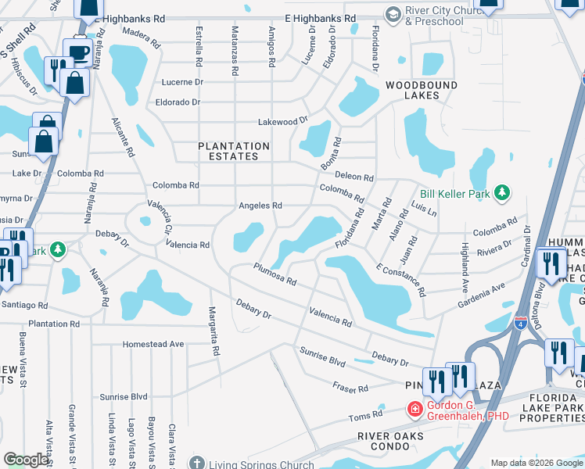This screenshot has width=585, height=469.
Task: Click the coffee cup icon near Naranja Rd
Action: coord(79,51)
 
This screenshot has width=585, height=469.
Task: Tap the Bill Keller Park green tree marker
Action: coord(505,192)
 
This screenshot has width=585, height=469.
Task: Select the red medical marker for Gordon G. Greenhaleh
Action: coord(414,409)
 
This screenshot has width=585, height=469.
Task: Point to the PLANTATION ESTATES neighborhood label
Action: coord(234,151)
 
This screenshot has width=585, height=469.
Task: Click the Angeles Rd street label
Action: coord(260,206)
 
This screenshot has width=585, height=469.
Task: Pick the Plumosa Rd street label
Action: coord(275,274)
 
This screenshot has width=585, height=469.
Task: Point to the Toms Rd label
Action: coord(366,416)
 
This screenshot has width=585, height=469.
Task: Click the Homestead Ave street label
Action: coord(153,343)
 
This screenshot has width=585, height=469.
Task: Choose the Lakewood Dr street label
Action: coord(284,122)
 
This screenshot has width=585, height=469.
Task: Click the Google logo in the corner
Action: coord(26,460)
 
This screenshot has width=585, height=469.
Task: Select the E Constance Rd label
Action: coord(401,280)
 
